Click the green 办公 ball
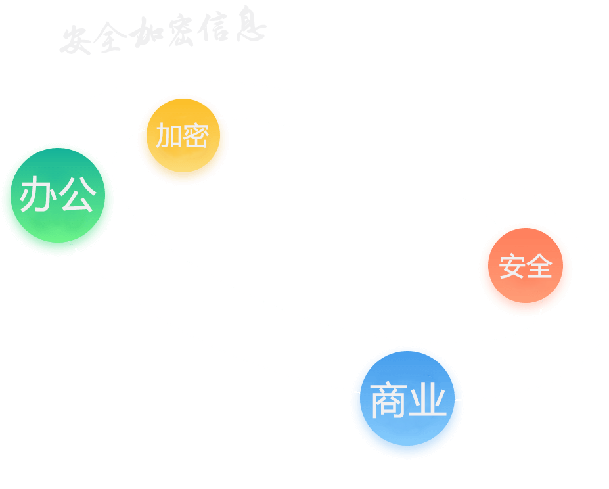point(58,200)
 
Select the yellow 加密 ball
point(183,140)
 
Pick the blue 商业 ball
point(407,402)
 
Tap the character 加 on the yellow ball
point(168,136)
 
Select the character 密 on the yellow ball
point(196,136)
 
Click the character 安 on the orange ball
point(512,267)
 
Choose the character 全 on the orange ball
point(539,267)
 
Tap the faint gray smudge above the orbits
point(158,33)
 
